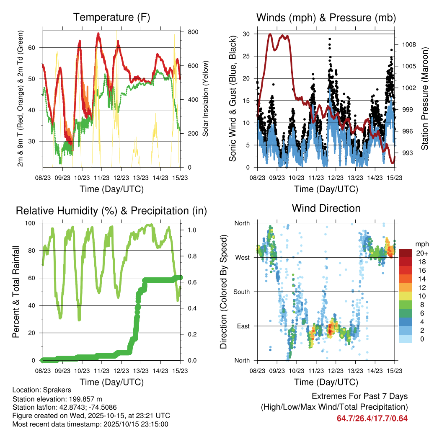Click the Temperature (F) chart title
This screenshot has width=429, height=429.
pos(111,17)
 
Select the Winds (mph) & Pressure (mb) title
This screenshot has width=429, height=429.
pos(326,17)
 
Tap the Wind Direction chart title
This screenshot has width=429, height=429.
pos(326,208)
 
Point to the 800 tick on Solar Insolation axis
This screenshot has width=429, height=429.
pos(193,32)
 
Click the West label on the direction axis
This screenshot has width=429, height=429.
pos(242,257)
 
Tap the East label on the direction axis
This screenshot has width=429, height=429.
pos(243,326)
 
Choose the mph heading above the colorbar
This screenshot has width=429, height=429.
pos(421,244)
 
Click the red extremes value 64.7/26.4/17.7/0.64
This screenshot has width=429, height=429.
pos(372,418)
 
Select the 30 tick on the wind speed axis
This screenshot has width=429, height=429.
pos(248,34)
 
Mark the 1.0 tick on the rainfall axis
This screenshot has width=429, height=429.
pos(191,230)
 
